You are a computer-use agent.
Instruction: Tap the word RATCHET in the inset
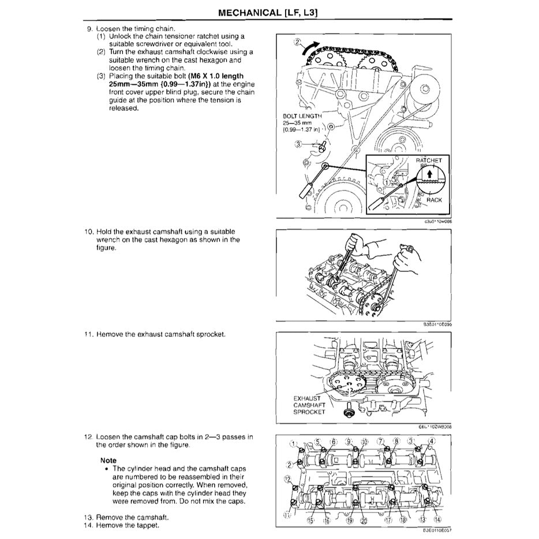429,160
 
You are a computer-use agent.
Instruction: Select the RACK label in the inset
434,200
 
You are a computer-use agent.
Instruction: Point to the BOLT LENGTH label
301,116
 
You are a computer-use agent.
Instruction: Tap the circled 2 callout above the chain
297,42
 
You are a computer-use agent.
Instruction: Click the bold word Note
108,460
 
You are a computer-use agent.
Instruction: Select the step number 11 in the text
88,334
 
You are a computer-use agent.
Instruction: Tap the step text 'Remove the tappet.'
127,525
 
